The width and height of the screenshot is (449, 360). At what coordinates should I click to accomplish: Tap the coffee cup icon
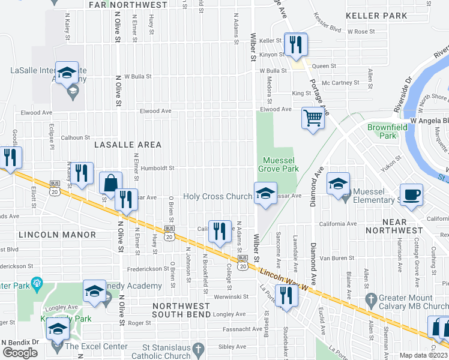(411, 195)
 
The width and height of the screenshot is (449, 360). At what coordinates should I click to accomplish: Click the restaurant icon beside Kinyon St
(295, 44)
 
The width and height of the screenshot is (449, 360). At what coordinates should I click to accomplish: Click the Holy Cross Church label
(217, 196)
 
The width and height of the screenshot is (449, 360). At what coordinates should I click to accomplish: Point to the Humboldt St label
(157, 169)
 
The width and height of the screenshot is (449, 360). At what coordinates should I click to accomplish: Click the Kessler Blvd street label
(327, 29)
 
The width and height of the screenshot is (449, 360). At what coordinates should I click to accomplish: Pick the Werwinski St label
(231, 296)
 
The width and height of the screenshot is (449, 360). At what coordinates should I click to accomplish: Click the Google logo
(20, 353)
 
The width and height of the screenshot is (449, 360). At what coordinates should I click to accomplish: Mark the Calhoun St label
(75, 137)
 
